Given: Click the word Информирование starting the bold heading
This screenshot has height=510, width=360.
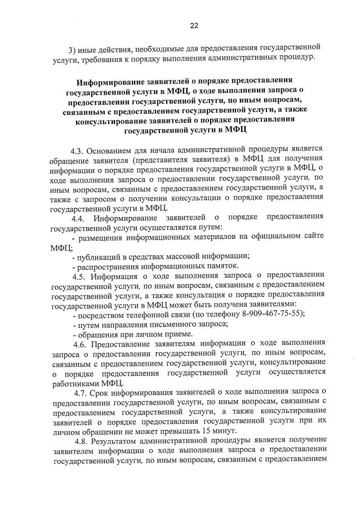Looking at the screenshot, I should point(108,81).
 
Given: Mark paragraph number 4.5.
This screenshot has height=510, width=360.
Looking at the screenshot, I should point(79,276).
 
